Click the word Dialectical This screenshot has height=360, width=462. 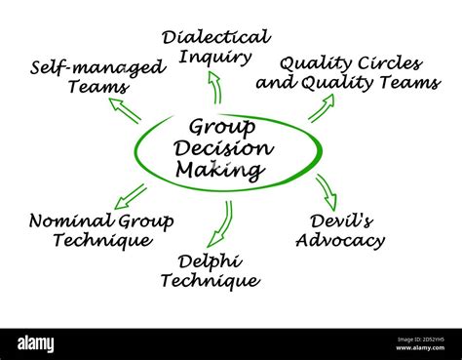[215, 37]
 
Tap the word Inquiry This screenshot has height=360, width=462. [215, 58]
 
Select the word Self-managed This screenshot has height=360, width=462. [97, 67]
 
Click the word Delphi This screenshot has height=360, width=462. [211, 260]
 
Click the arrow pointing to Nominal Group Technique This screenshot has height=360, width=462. [129, 196]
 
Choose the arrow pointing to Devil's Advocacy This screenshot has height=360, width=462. [326, 187]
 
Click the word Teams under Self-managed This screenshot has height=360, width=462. [96, 87]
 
